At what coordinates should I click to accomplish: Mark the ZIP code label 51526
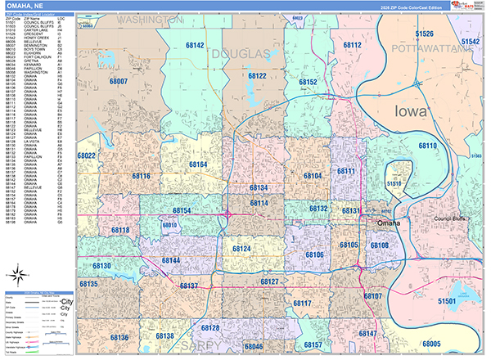coord(424,34)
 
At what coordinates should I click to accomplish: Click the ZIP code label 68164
coord(199,164)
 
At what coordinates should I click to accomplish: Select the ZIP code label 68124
coord(241,247)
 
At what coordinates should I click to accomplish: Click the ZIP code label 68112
coord(353,45)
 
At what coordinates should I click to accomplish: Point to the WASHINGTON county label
coord(150,18)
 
